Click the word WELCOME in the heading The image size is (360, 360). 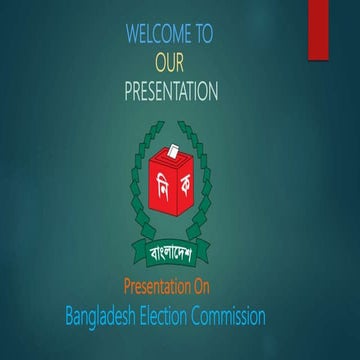coord(156,34)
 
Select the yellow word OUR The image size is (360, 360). coord(171,64)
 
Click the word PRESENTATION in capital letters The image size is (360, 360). coord(171,93)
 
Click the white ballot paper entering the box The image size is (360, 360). coord(173,148)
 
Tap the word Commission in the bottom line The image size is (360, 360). coord(234,318)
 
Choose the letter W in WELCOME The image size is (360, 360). coord(132,34)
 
